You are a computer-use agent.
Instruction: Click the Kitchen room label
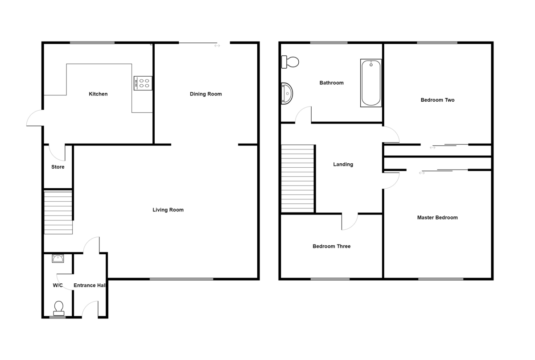98,94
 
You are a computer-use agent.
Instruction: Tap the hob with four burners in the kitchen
143,83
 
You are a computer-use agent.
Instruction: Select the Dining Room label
206,94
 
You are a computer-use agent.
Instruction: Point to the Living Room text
168,210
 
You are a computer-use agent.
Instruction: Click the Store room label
58,167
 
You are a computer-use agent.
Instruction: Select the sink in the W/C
58,258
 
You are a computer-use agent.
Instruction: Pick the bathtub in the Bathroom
371,83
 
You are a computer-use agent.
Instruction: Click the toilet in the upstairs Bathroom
290,62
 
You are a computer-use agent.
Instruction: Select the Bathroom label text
332,83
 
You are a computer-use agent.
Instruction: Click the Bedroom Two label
437,100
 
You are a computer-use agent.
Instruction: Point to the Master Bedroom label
437,218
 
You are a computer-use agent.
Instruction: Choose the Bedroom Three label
331,246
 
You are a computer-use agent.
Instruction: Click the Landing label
343,165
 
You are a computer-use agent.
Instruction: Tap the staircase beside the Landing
298,178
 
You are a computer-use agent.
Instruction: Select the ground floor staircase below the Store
58,212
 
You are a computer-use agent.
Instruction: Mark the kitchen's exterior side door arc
34,118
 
